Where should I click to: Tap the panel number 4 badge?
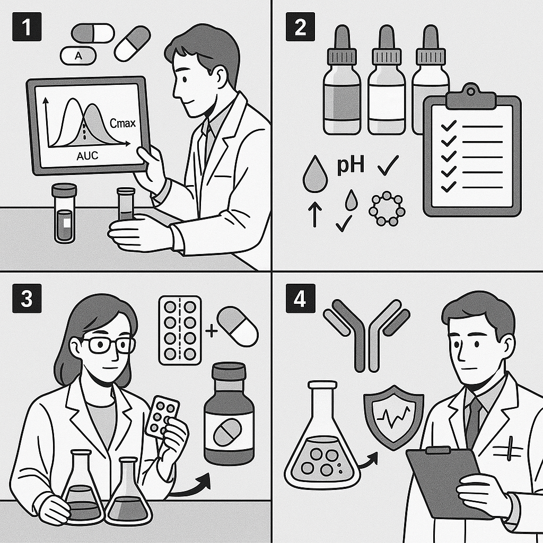click(x=300, y=300)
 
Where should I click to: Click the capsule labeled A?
click(x=78, y=56)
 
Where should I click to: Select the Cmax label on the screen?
click(x=122, y=123)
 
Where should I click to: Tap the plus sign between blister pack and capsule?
click(x=211, y=331)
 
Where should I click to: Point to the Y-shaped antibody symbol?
click(x=366, y=329)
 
